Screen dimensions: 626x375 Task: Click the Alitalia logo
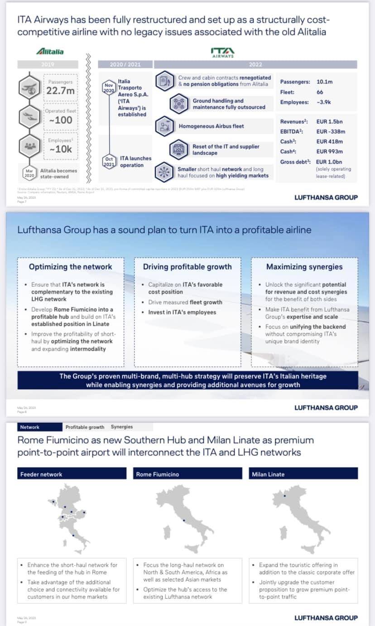(x=50, y=52)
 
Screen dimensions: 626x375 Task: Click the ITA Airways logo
(x=223, y=52)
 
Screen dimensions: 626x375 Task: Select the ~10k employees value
(x=61, y=149)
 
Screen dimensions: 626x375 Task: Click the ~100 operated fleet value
(x=61, y=120)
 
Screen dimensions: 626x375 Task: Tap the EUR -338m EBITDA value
(x=331, y=131)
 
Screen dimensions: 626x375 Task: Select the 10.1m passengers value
(x=325, y=82)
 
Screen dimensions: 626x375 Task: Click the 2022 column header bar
(x=255, y=65)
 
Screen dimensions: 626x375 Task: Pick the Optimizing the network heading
(x=70, y=267)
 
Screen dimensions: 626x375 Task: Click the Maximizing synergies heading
(x=304, y=267)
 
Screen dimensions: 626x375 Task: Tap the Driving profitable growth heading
(x=187, y=267)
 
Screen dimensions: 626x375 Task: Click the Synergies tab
(x=122, y=427)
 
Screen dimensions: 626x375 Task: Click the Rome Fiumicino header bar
(x=187, y=474)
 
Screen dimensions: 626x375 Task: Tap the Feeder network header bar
(x=72, y=474)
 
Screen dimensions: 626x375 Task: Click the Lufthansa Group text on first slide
(x=326, y=197)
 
